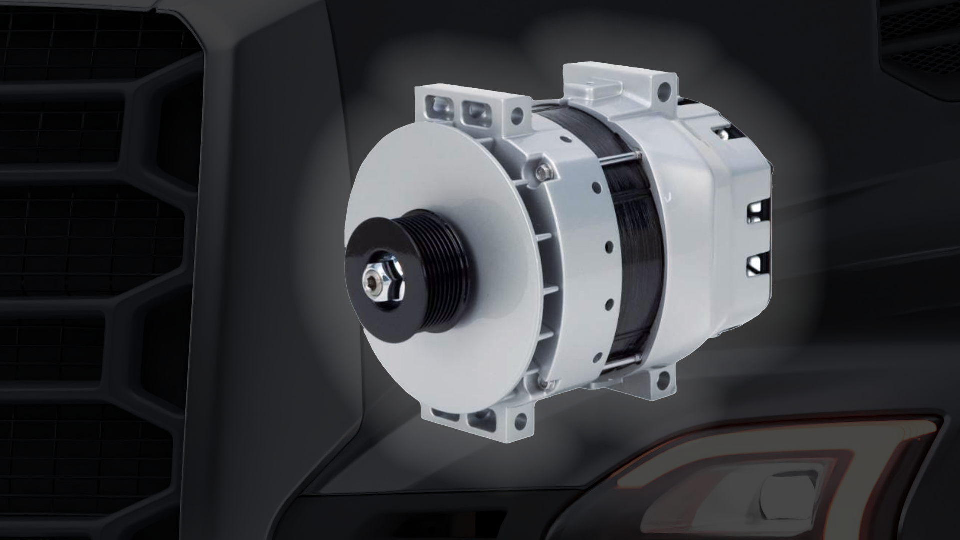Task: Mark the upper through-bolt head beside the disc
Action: tap(543, 172)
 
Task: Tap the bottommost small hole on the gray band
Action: tap(597, 356)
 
